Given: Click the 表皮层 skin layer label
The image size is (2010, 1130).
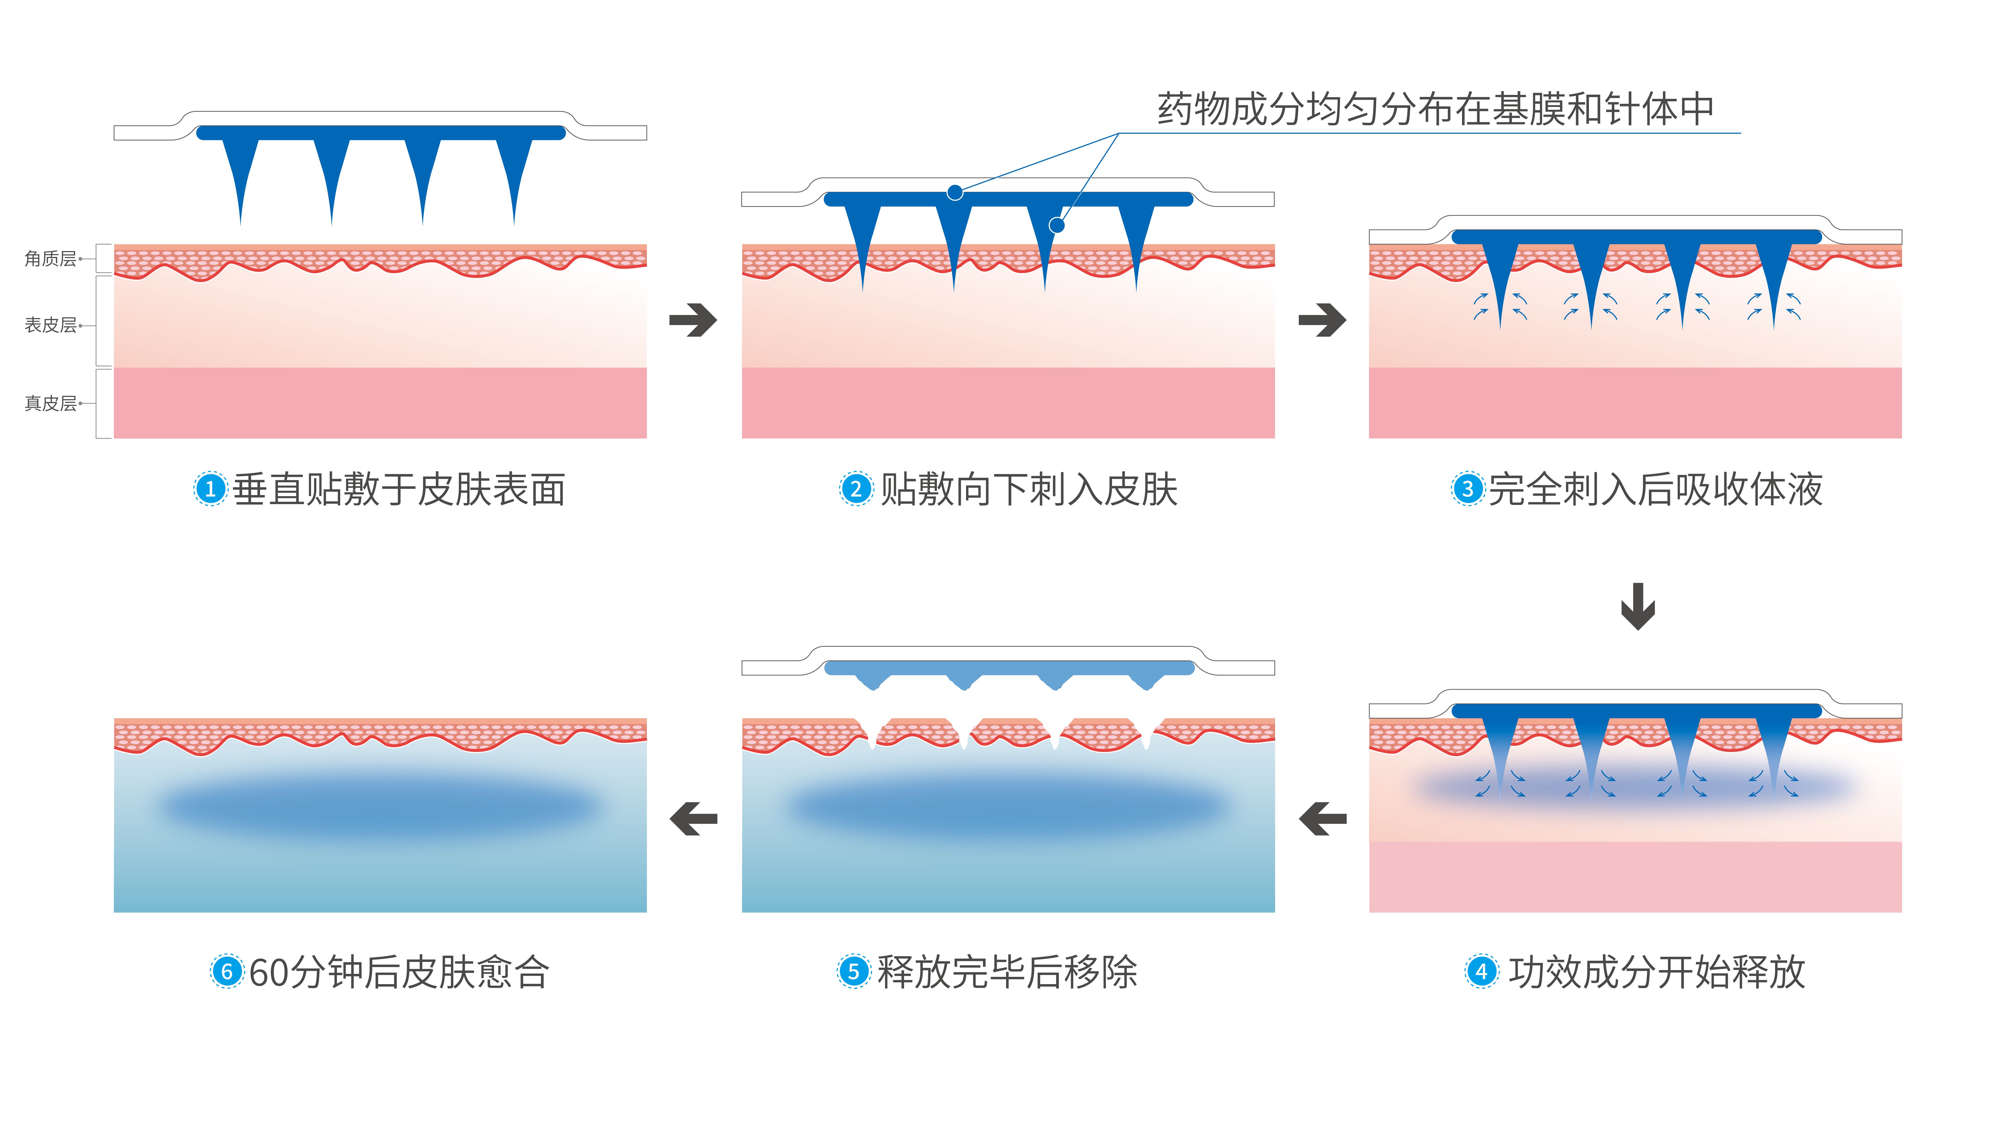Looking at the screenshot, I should tap(50, 325).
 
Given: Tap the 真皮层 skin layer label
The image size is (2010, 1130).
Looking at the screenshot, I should tap(50, 403).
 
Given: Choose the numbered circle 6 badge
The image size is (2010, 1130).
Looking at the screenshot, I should tap(227, 972).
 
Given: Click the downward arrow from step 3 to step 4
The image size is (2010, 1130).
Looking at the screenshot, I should tap(1638, 606).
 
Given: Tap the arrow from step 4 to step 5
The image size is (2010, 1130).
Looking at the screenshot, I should tap(1323, 819).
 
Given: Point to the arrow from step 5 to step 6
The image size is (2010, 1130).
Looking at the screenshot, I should tap(694, 819).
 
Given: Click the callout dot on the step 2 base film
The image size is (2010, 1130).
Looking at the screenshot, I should tap(955, 193).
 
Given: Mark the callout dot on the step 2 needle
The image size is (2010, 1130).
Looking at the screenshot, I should tap(1057, 225).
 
